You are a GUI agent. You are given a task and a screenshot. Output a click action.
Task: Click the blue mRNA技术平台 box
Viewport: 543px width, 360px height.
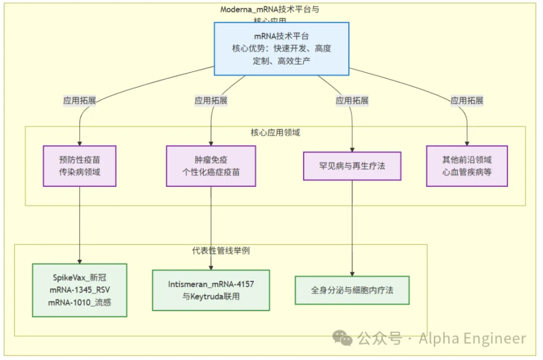pos(281,49)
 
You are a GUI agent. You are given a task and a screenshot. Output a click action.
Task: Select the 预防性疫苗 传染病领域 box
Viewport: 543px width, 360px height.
pos(80,166)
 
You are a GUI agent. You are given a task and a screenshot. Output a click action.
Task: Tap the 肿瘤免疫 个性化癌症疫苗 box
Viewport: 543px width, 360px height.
pos(211,166)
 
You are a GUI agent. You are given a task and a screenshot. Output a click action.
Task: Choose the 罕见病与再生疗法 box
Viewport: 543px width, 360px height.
pos(352,166)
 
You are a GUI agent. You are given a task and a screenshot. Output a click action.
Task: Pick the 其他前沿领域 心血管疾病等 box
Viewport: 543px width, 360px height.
pos(467,166)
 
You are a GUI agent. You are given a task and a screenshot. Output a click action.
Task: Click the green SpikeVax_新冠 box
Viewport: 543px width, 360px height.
pos(80,290)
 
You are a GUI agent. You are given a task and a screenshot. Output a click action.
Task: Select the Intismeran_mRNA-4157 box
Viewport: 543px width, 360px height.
pos(211,290)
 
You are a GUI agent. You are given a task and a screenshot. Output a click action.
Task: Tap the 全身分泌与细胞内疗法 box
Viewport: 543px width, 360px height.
pos(352,290)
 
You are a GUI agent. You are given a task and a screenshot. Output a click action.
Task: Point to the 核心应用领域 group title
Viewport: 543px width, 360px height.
pos(275,132)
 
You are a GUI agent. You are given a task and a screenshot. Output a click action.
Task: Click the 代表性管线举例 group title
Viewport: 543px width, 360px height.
pos(221,250)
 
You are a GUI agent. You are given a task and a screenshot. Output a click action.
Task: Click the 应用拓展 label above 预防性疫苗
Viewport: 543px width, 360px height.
pos(80,101)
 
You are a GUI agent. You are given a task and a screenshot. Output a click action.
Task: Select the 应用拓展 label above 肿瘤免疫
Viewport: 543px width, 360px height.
pos(211,101)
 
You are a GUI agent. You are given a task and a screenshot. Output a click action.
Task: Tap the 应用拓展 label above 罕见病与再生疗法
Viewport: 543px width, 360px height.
pos(352,101)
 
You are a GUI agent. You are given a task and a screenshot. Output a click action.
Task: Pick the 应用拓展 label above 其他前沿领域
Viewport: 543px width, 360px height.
pos(467,101)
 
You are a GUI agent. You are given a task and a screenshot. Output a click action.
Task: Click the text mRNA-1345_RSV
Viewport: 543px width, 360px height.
pos(80,290)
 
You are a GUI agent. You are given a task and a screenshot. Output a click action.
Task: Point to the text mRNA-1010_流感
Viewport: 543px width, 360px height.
pos(80,302)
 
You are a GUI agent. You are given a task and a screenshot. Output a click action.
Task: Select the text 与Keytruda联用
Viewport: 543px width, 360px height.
pos(211,296)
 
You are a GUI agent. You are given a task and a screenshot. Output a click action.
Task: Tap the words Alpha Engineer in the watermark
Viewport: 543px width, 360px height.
pos(472,338)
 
